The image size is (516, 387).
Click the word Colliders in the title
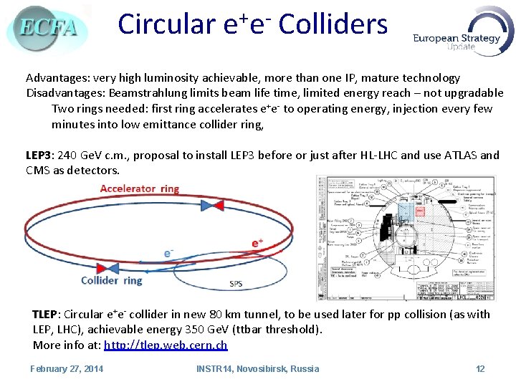pyautogui.click(x=333, y=24)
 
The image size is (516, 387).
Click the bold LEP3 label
pyautogui.click(x=40, y=155)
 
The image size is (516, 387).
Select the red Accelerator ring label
pyautogui.click(x=140, y=189)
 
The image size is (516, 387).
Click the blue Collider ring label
pyautogui.click(x=112, y=280)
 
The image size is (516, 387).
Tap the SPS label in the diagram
pyautogui.click(x=236, y=284)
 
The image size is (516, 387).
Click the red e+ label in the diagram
pyautogui.click(x=257, y=243)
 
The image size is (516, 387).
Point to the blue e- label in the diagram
pyautogui.click(x=169, y=253)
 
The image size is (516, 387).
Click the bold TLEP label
pyautogui.click(x=46, y=314)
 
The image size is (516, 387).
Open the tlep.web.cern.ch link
pyautogui.click(x=166, y=345)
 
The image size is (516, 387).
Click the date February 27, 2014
pyautogui.click(x=67, y=368)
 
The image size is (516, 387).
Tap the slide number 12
pyautogui.click(x=480, y=368)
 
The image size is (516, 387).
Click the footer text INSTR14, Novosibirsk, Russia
pyautogui.click(x=258, y=368)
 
